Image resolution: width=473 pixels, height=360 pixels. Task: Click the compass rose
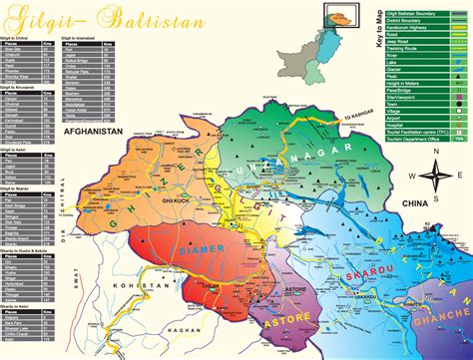pos(435,176)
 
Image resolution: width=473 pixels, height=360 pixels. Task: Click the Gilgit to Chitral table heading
pos(22,37)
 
